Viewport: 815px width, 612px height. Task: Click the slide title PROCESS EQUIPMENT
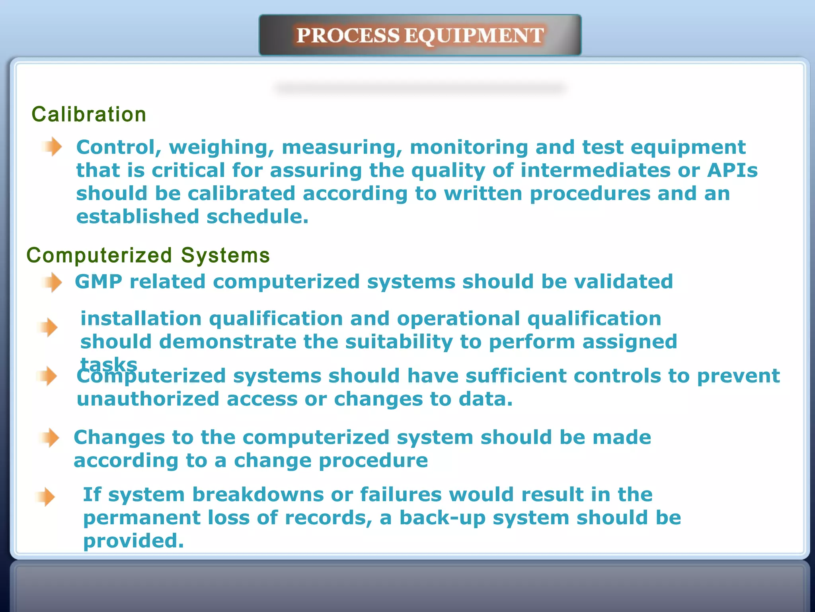click(x=420, y=35)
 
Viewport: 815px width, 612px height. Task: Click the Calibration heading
click(x=89, y=114)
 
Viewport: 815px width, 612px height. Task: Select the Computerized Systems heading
click(x=148, y=255)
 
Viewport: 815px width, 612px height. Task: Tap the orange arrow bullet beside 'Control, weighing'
click(x=52, y=147)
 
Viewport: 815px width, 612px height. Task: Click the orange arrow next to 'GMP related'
click(x=52, y=282)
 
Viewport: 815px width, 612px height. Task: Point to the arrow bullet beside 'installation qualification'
click(x=48, y=327)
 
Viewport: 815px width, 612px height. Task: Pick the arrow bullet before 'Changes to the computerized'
click(x=49, y=437)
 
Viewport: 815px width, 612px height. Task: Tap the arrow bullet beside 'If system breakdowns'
click(x=45, y=497)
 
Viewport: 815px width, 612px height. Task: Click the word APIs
click(x=732, y=171)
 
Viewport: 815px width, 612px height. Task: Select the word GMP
click(x=98, y=282)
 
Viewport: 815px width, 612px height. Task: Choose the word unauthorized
click(x=148, y=399)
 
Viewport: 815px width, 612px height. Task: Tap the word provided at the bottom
click(x=133, y=541)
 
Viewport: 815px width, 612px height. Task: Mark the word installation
click(x=141, y=319)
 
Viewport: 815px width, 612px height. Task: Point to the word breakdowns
click(x=258, y=495)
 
